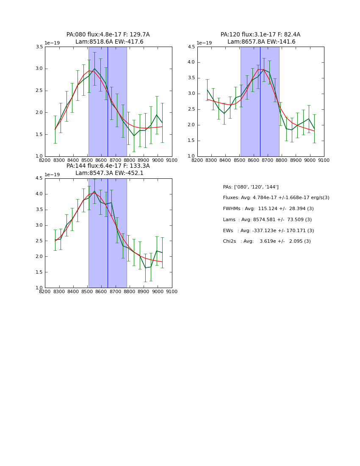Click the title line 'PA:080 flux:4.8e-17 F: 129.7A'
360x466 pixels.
tap(108, 35)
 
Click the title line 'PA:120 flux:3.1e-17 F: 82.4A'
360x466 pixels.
tap(260, 35)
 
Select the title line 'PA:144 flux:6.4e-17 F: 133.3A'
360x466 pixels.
tap(108, 166)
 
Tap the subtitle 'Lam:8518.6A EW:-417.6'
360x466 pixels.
tap(109, 42)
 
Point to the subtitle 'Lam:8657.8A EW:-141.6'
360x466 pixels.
tap(261, 42)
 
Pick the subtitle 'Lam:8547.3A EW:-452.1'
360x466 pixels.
tap(109, 173)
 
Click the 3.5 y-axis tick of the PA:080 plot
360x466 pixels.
tap(39, 47)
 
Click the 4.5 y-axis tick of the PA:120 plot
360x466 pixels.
tap(191, 47)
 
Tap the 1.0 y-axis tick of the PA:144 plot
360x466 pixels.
tap(39, 288)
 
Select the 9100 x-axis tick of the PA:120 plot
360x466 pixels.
tap(324, 160)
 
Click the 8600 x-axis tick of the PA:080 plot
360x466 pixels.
tap(101, 160)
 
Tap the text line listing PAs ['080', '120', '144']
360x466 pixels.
tap(251, 187)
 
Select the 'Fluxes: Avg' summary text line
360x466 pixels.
tap(276, 198)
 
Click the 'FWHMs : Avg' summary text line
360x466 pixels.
tap(268, 209)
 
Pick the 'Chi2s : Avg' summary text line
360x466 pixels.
tap(267, 241)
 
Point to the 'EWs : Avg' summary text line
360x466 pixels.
tap(268, 231)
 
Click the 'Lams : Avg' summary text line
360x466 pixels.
tap(267, 220)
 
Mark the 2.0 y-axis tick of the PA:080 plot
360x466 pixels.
tap(39, 113)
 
